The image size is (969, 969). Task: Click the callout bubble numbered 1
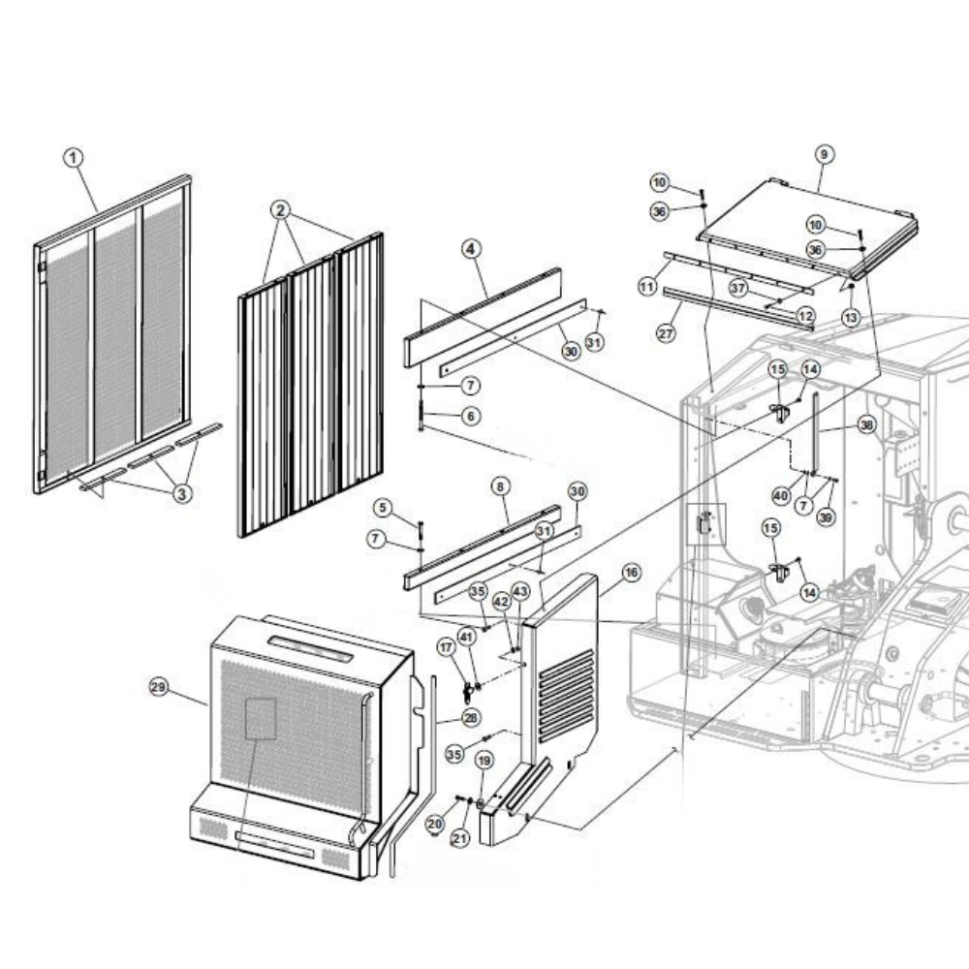(74, 158)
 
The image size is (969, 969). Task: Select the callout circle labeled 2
(281, 210)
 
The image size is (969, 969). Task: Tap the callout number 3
(182, 493)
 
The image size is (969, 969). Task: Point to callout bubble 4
(471, 249)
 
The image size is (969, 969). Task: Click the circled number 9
(824, 154)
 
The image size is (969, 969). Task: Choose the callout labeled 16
(631, 573)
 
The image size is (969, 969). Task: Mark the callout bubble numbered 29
(159, 687)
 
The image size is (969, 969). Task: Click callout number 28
(471, 717)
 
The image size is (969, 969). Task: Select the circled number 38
(867, 424)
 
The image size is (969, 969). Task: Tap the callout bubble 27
(666, 333)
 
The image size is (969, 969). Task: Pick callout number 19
(484, 760)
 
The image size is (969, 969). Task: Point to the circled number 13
(851, 317)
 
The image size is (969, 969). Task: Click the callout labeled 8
(500, 486)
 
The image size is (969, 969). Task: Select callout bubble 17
(446, 647)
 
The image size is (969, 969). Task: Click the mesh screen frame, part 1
(112, 333)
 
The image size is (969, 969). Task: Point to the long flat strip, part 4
(484, 317)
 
